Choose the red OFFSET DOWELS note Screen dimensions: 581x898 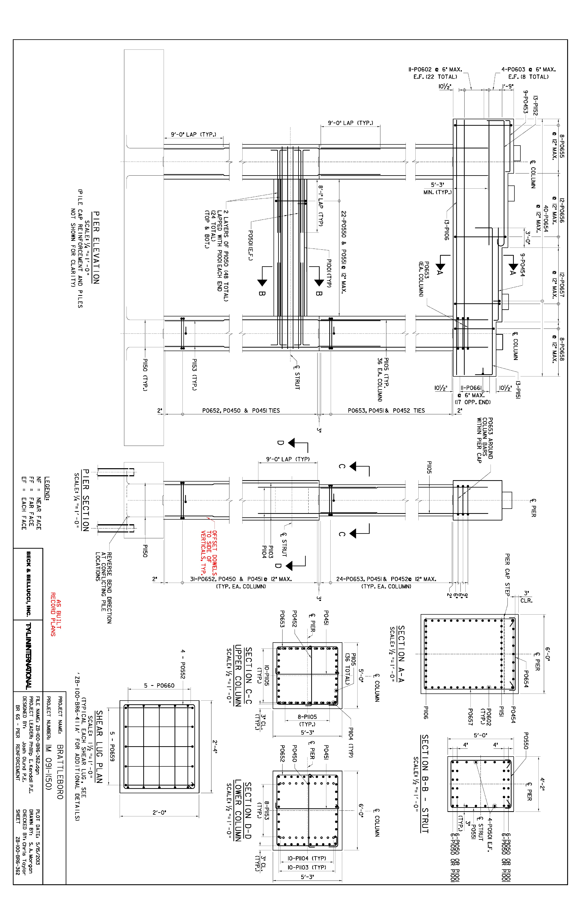[x=209, y=553]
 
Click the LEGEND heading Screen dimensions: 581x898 [x=47, y=489]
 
